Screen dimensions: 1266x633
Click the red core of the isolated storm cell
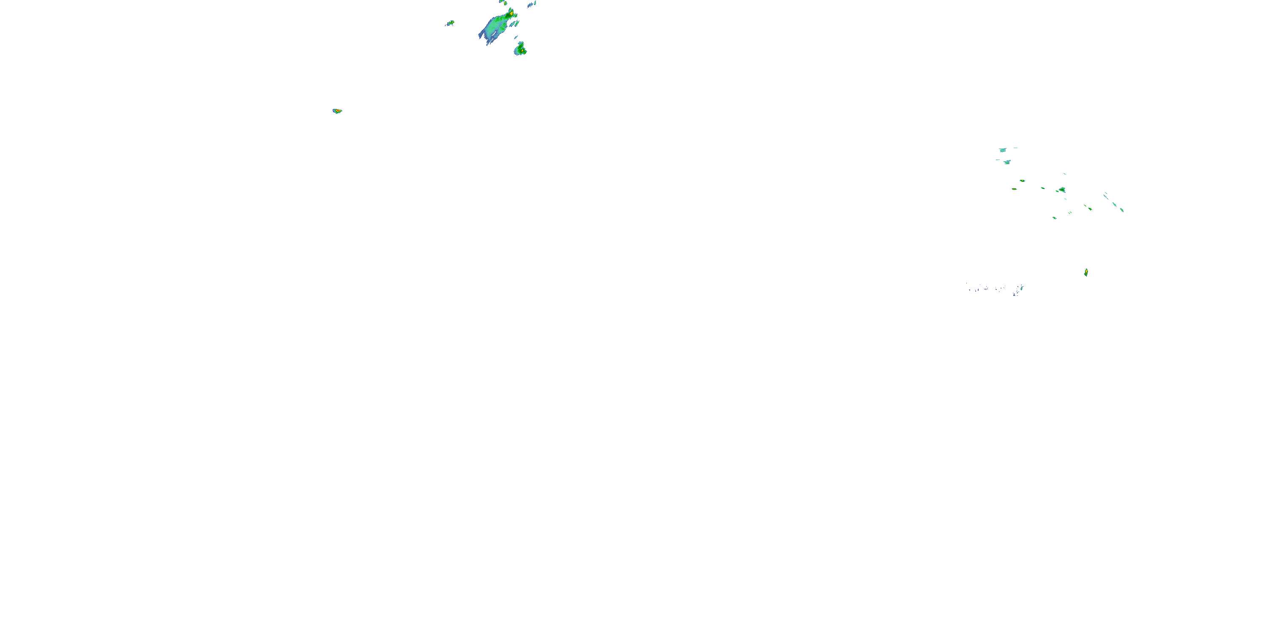(x=338, y=111)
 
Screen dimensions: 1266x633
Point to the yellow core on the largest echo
(x=511, y=12)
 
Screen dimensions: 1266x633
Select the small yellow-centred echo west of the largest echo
(x=450, y=23)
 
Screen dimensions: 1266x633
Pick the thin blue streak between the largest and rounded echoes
(x=517, y=37)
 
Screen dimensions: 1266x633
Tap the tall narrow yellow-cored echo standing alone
(x=1086, y=272)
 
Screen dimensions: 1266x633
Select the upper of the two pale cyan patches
(x=1003, y=150)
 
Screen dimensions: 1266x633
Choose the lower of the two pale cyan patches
(x=1007, y=162)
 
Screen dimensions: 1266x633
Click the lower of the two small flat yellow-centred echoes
(x=1014, y=189)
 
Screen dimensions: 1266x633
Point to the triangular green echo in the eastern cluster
(x=1063, y=190)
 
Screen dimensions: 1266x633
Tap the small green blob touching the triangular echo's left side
(x=1058, y=191)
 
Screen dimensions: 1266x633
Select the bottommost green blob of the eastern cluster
(x=1054, y=218)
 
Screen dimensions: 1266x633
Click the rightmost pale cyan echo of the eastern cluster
(x=1122, y=210)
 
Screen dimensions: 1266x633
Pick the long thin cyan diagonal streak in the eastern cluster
(x=1106, y=197)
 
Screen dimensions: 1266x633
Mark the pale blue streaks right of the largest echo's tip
(x=531, y=4)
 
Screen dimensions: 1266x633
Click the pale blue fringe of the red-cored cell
(x=334, y=111)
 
